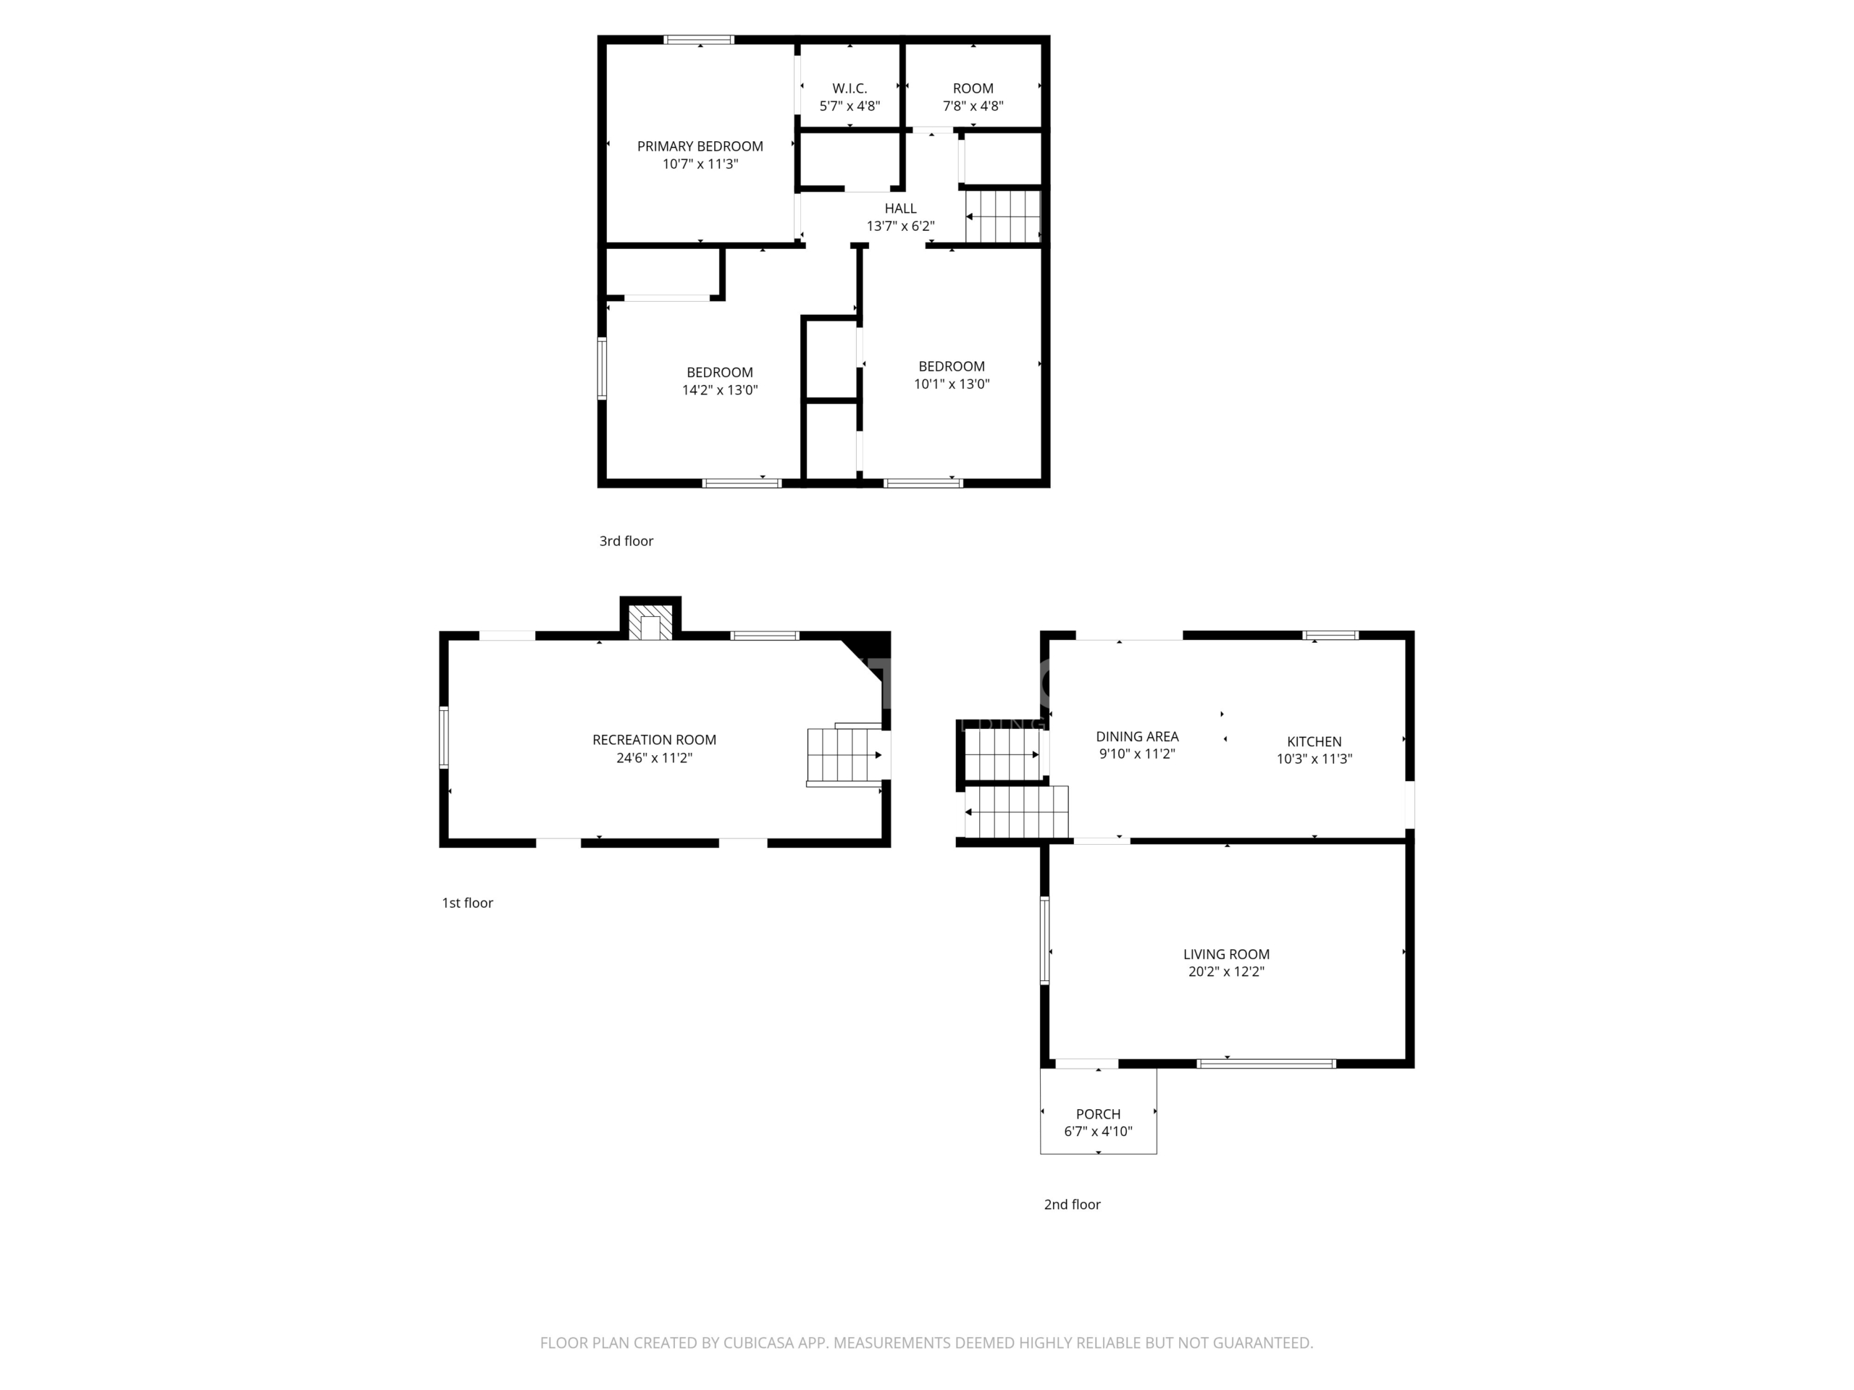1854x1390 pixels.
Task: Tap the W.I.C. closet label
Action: tap(850, 89)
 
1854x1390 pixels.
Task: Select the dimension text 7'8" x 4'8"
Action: tap(973, 106)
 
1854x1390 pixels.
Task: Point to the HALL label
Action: tap(900, 208)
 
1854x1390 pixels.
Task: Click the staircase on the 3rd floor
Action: tap(1003, 216)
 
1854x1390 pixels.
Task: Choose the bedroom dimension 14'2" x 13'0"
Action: tap(720, 389)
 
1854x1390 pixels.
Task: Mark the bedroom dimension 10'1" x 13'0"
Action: tap(952, 384)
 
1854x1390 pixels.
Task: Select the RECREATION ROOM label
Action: tap(655, 740)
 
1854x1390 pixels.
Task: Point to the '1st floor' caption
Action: tap(468, 902)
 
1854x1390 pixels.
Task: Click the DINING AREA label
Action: tap(1137, 736)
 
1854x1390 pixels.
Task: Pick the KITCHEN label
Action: tap(1314, 741)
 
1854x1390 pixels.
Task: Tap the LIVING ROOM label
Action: tap(1226, 954)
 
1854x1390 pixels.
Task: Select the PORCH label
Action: tap(1098, 1114)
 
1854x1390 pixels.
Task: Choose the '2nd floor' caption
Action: tap(1072, 1204)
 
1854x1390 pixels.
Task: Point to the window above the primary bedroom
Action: tap(699, 39)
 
